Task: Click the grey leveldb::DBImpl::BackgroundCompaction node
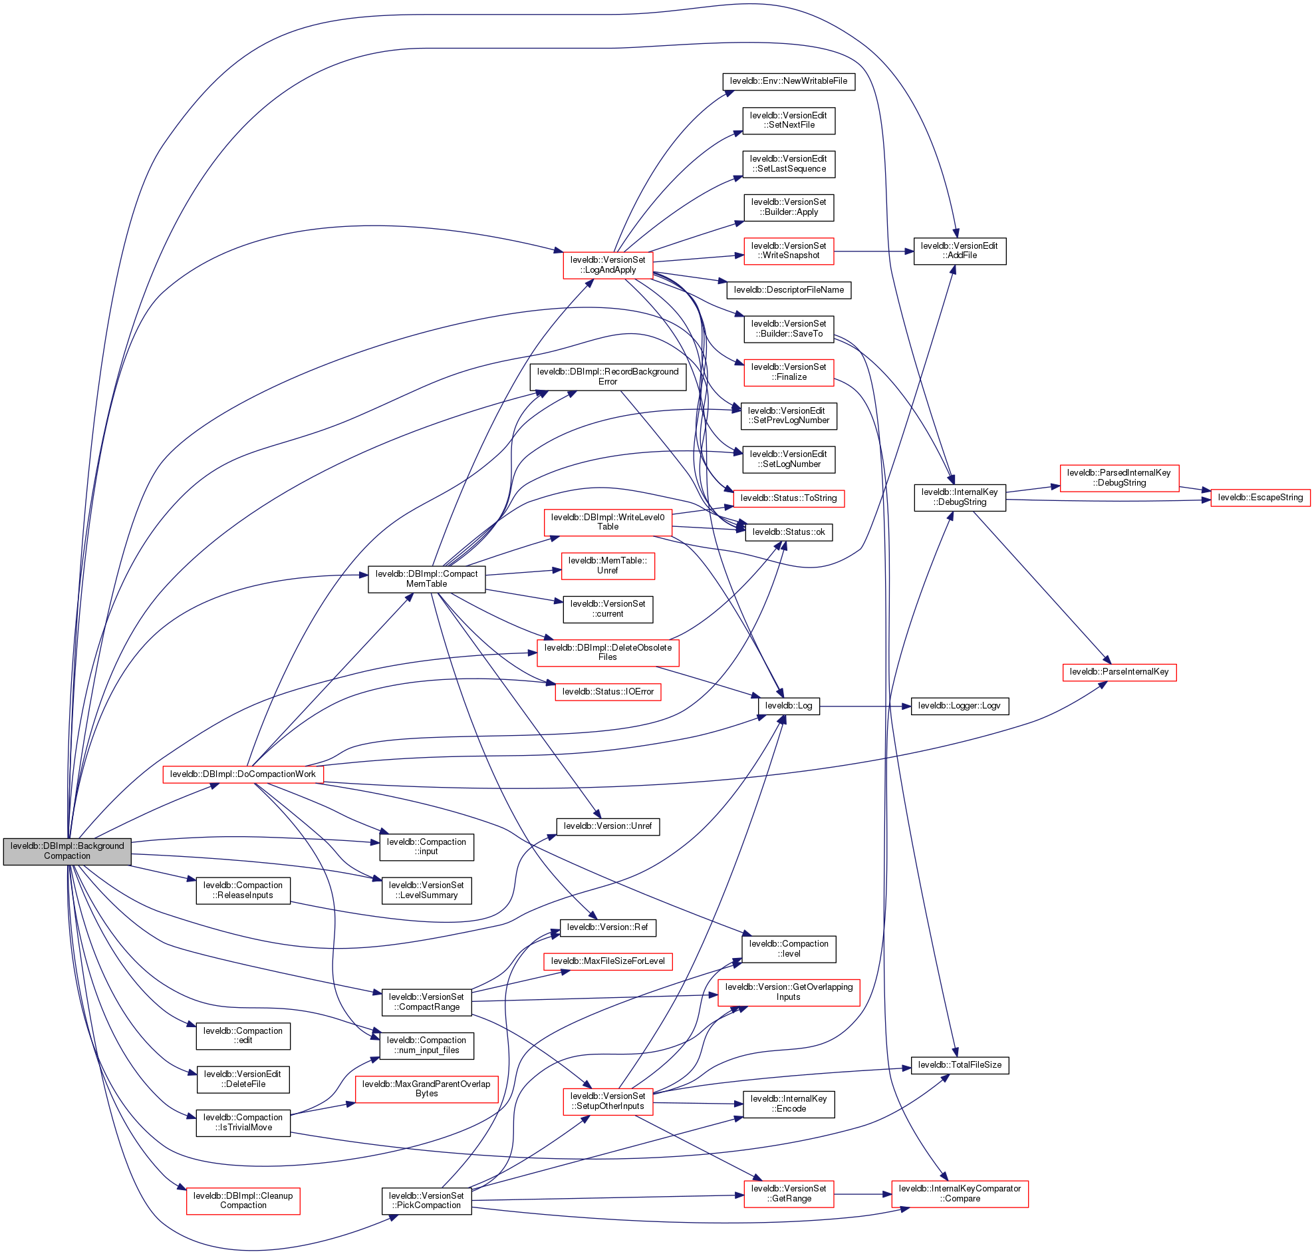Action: (66, 851)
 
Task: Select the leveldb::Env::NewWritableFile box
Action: (788, 81)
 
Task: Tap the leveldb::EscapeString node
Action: (1260, 498)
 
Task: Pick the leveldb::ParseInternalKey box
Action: (1119, 672)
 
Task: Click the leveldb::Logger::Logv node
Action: (960, 706)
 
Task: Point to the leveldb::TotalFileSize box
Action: (960, 1065)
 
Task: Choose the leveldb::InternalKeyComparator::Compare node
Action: (960, 1193)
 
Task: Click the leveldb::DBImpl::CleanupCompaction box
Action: (243, 1201)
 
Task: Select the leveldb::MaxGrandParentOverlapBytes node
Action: (426, 1088)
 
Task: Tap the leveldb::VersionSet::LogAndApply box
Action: (607, 265)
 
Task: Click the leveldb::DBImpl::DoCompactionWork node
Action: (243, 774)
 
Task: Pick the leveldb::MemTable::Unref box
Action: (607, 565)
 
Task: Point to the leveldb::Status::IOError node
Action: (607, 691)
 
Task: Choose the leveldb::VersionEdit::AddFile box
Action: (960, 251)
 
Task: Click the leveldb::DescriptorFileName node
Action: (788, 290)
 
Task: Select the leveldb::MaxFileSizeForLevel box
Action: (607, 961)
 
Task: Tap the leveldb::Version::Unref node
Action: (607, 826)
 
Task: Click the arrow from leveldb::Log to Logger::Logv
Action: (865, 706)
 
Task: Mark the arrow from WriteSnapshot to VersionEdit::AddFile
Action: (873, 251)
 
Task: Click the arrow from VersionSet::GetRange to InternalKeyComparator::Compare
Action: (862, 1194)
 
